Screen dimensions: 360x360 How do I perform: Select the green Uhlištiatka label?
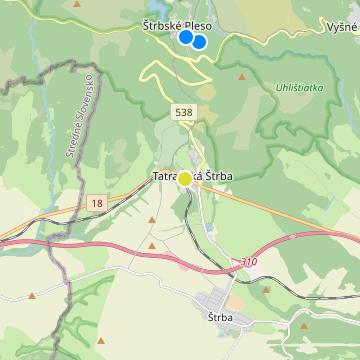297,88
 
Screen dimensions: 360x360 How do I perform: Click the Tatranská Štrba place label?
193,177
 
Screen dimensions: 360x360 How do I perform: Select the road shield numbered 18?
96,202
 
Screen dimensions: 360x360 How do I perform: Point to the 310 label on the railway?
248,262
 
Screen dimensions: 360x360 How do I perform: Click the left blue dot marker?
185,37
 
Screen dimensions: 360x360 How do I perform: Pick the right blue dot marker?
199,42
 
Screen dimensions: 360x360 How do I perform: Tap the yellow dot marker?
185,179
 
